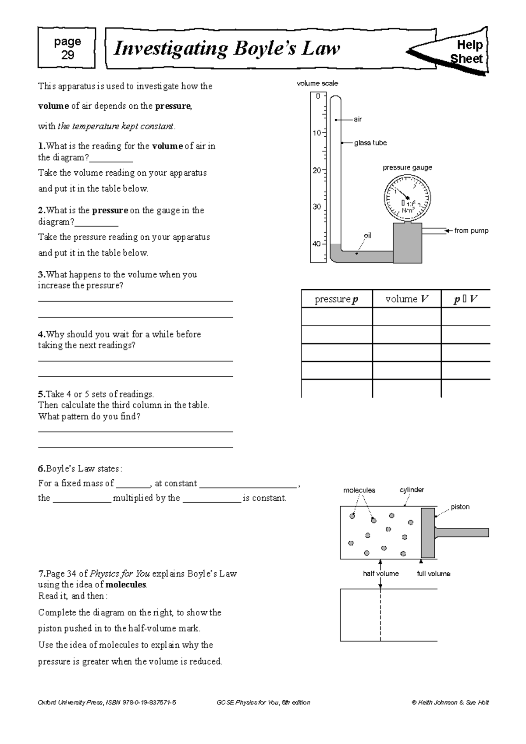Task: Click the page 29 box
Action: click(x=67, y=48)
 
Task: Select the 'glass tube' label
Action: click(x=370, y=143)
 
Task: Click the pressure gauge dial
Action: click(x=407, y=197)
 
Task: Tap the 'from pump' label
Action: click(x=471, y=230)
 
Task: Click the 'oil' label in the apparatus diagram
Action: click(x=367, y=236)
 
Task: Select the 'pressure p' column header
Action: click(x=336, y=299)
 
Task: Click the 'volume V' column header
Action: click(x=406, y=299)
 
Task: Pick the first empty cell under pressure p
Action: click(x=336, y=316)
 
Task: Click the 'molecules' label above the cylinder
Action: click(x=359, y=490)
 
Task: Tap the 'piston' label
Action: click(x=460, y=507)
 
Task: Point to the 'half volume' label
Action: click(x=380, y=574)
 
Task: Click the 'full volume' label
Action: click(x=433, y=574)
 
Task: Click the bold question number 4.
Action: click(x=41, y=334)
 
